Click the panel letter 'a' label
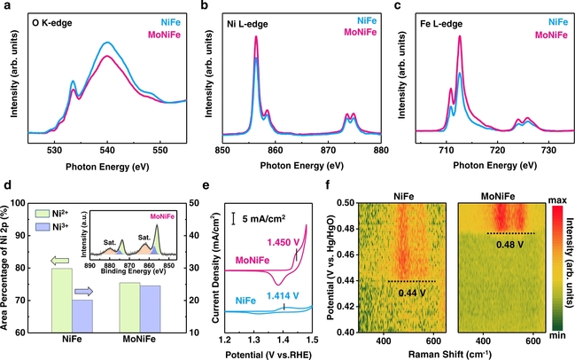8,8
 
